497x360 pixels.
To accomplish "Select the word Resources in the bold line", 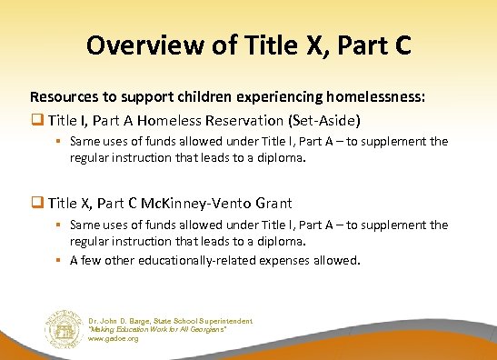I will coord(62,95).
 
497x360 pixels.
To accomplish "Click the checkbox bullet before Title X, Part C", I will coord(37,203).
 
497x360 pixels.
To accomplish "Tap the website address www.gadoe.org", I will coord(114,338).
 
